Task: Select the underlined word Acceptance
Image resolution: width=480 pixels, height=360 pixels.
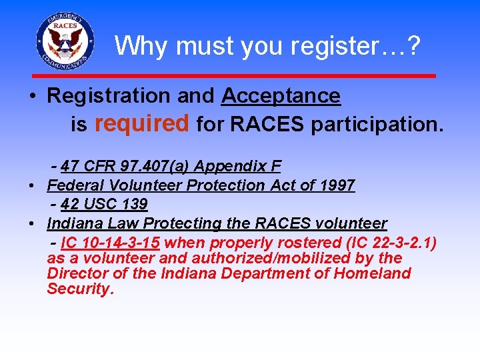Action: pos(281,96)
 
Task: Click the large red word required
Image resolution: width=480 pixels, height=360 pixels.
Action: pos(143,123)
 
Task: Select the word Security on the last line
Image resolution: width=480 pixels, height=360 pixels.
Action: pos(80,289)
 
